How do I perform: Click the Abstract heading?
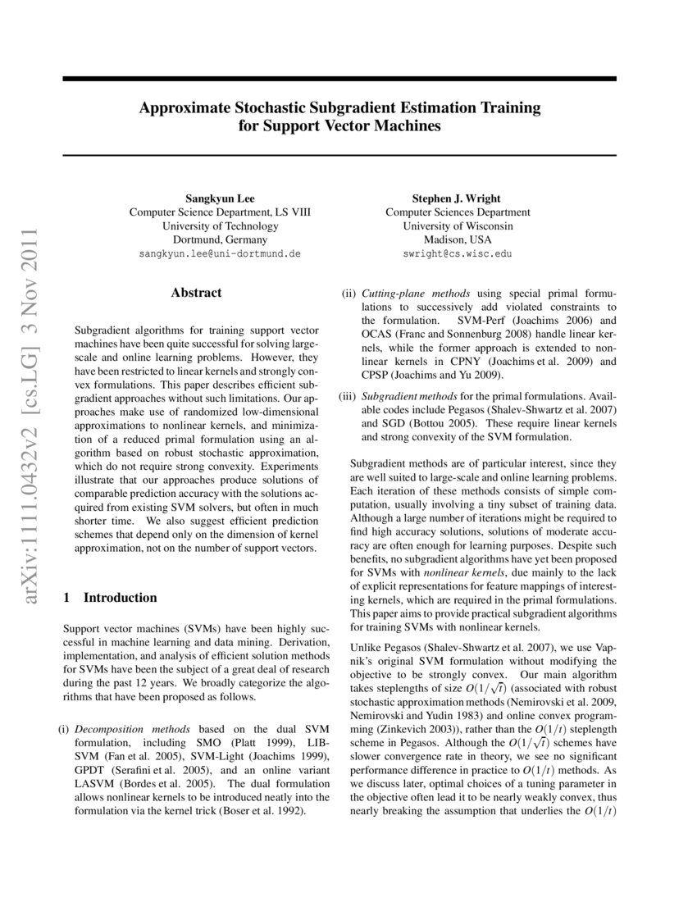tap(196, 292)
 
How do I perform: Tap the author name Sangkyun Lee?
tap(220, 198)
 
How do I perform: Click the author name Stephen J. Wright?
tap(457, 198)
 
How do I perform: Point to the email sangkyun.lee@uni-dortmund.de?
tap(220, 254)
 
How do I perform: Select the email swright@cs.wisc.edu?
tap(457, 254)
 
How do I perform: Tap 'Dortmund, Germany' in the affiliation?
tap(220, 240)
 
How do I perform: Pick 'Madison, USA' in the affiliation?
tap(457, 240)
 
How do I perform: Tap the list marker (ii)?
tap(348, 293)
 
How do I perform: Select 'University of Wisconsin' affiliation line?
tap(457, 226)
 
